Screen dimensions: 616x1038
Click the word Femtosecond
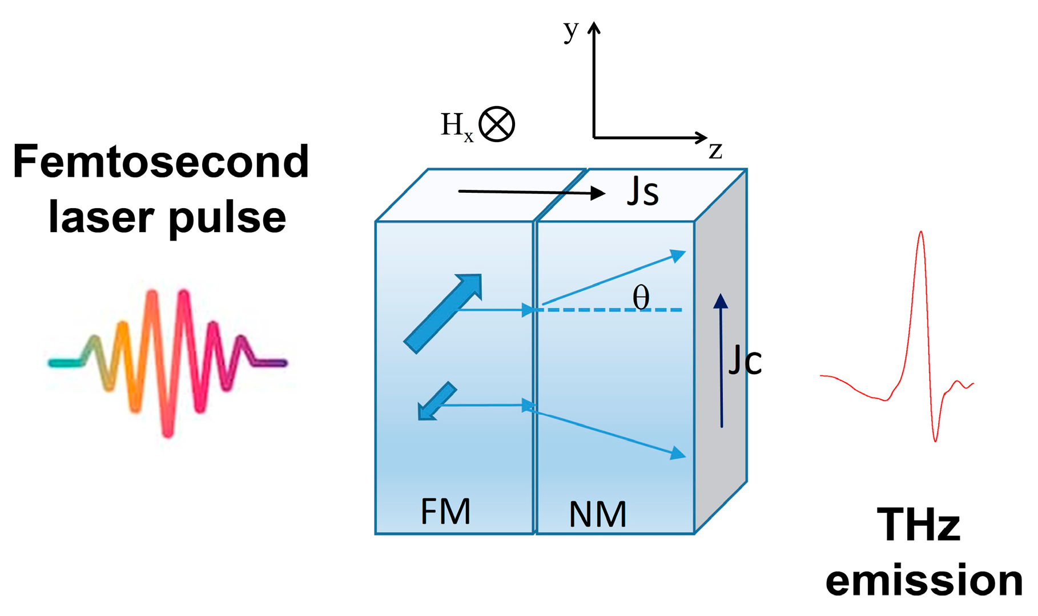(160, 162)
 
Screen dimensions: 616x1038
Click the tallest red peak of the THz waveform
(920, 233)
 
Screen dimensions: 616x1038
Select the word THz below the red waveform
(919, 525)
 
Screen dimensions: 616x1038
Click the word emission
(924, 581)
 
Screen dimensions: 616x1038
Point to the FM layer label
(445, 512)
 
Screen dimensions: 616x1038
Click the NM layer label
(597, 514)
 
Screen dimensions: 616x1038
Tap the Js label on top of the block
(643, 192)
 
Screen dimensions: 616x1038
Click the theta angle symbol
(641, 297)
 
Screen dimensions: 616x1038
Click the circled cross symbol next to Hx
(497, 124)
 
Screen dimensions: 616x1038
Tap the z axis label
(715, 150)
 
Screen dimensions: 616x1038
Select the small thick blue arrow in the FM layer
(437, 402)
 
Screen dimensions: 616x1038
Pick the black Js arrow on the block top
(531, 192)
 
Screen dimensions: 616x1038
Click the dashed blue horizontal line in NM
(611, 310)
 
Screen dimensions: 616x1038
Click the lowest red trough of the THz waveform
(935, 440)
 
